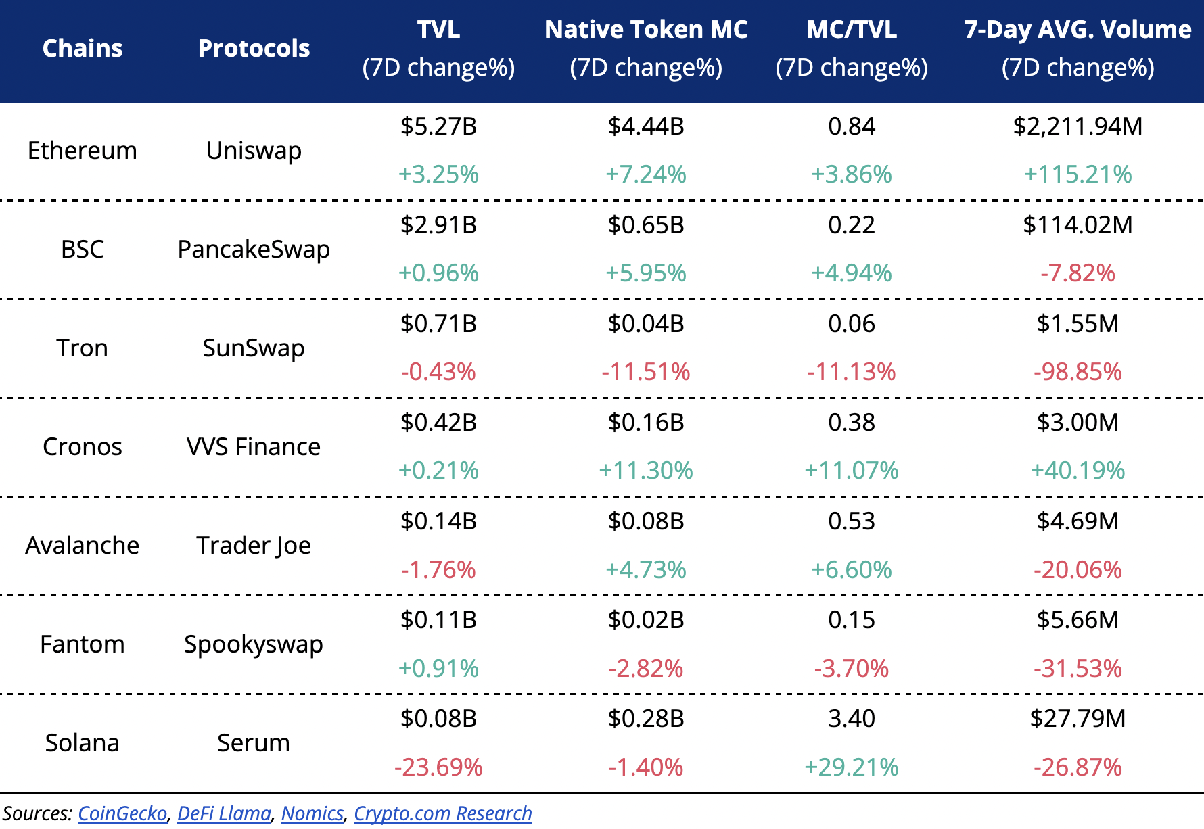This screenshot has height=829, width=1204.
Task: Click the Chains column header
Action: pyautogui.click(x=83, y=49)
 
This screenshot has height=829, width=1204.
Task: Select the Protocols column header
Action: pyautogui.click(x=254, y=49)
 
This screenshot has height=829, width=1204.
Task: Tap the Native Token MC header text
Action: pyautogui.click(x=646, y=30)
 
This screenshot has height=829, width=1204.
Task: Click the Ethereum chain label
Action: pyautogui.click(x=83, y=150)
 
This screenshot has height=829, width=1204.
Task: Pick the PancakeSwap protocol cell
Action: pyautogui.click(x=254, y=249)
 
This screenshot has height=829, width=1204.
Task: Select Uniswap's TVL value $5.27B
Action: pyautogui.click(x=438, y=126)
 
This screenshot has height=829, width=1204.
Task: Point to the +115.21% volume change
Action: pyautogui.click(x=1078, y=174)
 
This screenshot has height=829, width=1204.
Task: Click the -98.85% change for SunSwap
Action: pyautogui.click(x=1078, y=372)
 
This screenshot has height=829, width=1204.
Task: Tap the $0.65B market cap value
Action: pyautogui.click(x=646, y=225)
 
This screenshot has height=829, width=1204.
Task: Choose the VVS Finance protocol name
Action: pyautogui.click(x=254, y=446)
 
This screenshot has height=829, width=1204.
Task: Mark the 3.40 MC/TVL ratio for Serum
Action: pyautogui.click(x=852, y=719)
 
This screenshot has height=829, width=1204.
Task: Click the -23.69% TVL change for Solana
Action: pyautogui.click(x=438, y=767)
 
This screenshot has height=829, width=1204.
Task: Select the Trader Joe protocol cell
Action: pyautogui.click(x=254, y=545)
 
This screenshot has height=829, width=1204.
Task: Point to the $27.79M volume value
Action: pyautogui.click(x=1078, y=719)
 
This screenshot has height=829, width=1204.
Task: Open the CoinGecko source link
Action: pyautogui.click(x=122, y=813)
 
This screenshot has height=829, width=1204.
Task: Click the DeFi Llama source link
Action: pyautogui.click(x=224, y=813)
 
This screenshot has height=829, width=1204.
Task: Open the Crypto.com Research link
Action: pyautogui.click(x=443, y=813)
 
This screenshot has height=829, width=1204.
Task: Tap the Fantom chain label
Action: pyautogui.click(x=83, y=644)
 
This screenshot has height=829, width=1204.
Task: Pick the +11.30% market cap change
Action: pyautogui.click(x=646, y=471)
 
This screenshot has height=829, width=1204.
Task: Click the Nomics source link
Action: pyautogui.click(x=312, y=813)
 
